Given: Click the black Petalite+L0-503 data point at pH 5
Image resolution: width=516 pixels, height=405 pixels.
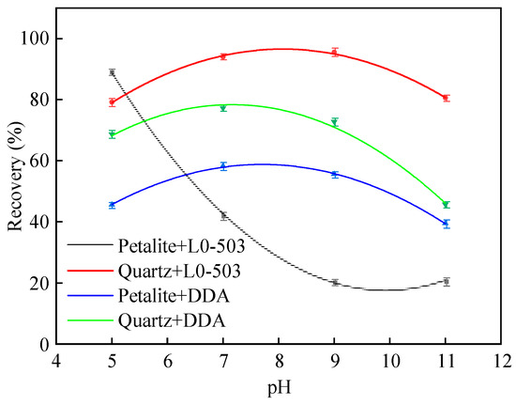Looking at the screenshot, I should pos(112,72).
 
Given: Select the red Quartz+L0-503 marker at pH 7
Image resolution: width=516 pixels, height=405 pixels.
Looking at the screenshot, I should pos(223,56).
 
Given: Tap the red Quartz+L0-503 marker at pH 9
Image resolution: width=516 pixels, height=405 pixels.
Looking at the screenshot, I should pos(335,53).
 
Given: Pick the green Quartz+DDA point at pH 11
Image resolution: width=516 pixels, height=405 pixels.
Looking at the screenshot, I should pos(447,204).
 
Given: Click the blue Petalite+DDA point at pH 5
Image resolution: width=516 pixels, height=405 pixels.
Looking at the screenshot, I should pos(112,205).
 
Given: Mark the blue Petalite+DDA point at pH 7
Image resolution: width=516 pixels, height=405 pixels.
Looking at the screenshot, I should pos(223,166).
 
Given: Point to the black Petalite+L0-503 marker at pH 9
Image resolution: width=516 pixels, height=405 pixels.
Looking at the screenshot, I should pos(335,282).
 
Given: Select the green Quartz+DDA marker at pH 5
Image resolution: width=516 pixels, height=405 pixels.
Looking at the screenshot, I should pos(112,134).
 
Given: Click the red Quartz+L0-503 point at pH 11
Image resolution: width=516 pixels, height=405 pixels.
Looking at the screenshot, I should pos(447,98).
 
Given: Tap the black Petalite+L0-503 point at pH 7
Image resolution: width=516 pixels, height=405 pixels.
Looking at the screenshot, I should pos(223,215).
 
